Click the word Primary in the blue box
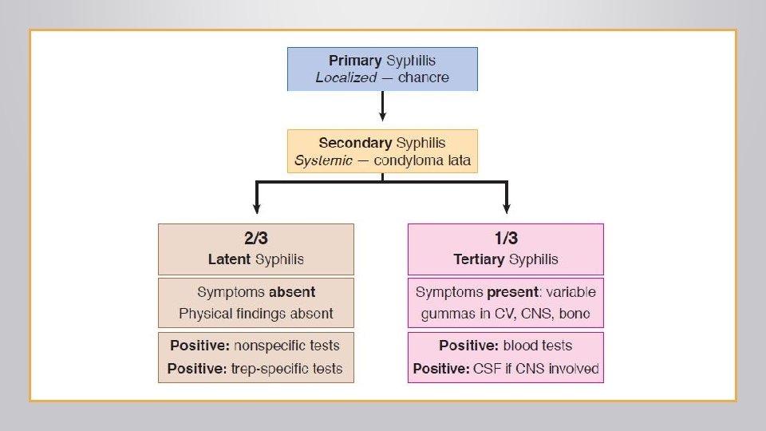click(x=356, y=61)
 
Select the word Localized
click(x=345, y=77)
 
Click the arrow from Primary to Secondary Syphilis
click(x=382, y=105)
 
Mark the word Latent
click(x=229, y=259)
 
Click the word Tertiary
click(x=479, y=259)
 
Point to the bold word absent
click(x=291, y=292)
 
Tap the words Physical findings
click(x=223, y=314)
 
